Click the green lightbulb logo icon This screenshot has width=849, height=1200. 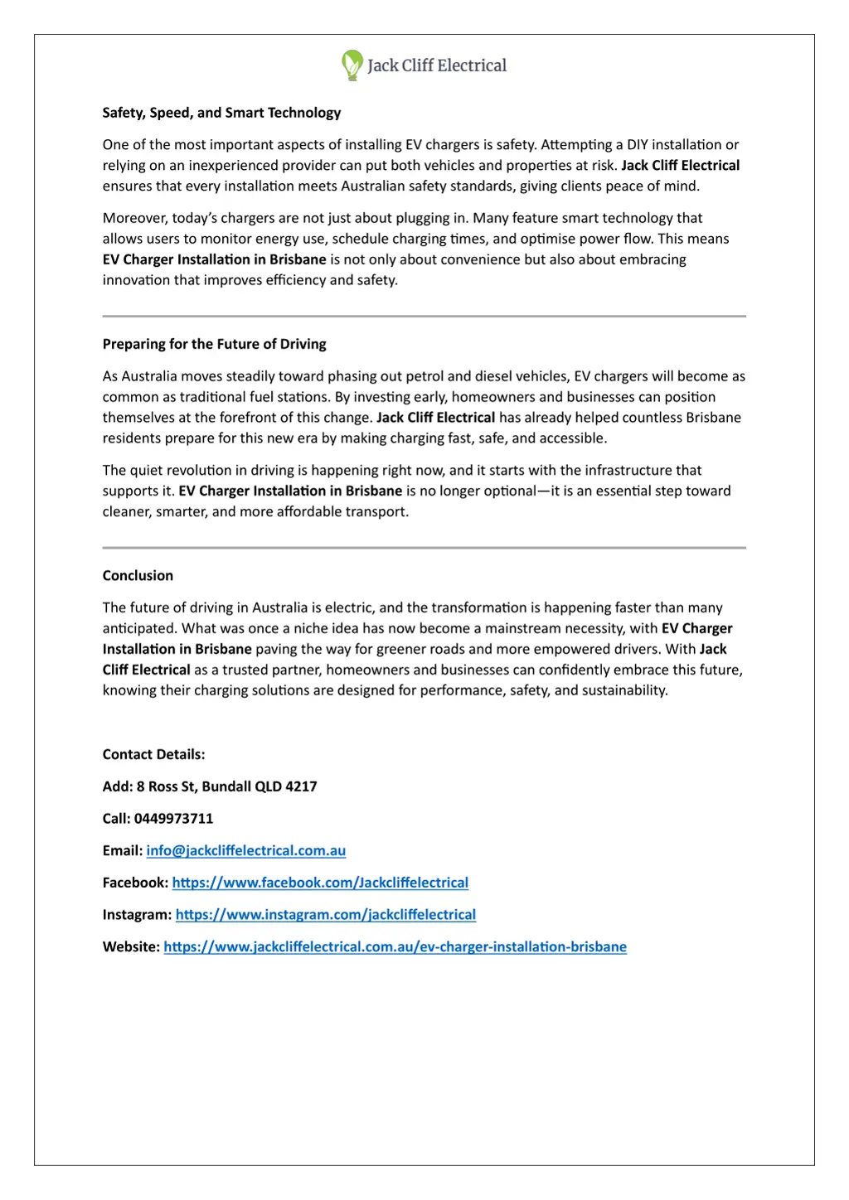(352, 65)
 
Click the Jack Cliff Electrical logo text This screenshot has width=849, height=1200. (437, 65)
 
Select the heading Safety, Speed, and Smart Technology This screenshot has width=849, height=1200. (221, 113)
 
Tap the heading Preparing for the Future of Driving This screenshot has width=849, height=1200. (214, 344)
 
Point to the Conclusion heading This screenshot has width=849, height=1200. (138, 575)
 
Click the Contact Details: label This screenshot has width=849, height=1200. (153, 754)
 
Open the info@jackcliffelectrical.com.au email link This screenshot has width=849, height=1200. (245, 850)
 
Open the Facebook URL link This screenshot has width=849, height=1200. (320, 883)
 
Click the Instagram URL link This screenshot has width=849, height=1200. (326, 915)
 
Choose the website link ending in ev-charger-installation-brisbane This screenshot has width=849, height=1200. (395, 946)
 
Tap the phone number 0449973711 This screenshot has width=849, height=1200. (173, 818)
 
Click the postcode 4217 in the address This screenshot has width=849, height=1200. (301, 786)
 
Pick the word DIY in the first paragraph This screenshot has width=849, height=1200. (638, 144)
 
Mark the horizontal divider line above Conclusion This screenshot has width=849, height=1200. (424, 548)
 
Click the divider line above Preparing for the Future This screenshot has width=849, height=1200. (424, 317)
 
